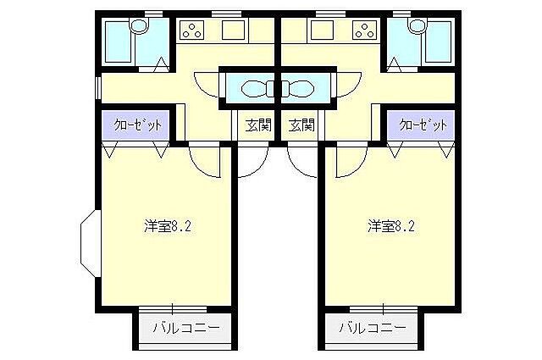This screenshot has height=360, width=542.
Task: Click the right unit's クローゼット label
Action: pos(423,125)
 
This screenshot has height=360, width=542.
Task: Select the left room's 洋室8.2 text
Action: pos(166,226)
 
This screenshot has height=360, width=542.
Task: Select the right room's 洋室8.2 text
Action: pos(390,226)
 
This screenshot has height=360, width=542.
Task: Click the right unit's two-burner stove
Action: pos(365,32)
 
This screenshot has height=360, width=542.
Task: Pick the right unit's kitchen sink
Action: pos(321,31)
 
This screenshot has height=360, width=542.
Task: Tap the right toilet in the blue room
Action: pos(301,87)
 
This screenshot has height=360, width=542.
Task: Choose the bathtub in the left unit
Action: pos(118,40)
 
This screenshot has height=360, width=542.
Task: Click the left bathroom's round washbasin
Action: pos(141,28)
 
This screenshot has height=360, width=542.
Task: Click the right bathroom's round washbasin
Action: pos(416,28)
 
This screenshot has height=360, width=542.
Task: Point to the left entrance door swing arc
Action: pos(252,161)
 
